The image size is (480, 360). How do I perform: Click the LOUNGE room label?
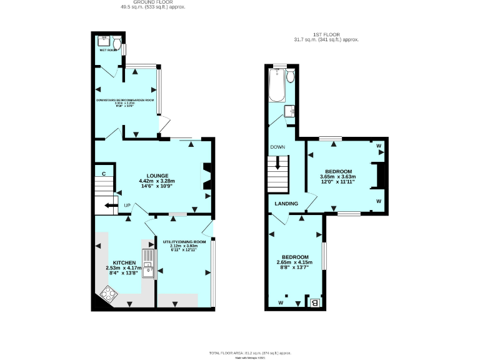[x=156, y=175]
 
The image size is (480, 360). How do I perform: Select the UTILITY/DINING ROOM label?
[x=184, y=241]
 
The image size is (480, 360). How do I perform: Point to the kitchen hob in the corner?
[x=109, y=293]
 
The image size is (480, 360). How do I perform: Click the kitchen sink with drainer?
[x=148, y=263]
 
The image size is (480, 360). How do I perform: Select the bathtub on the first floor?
[x=276, y=86]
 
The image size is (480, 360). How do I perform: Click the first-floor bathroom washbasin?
[x=290, y=111]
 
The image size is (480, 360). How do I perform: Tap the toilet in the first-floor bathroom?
[x=289, y=77]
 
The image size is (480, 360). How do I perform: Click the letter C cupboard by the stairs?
[x=104, y=173]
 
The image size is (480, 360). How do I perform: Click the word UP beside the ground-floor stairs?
[x=127, y=206]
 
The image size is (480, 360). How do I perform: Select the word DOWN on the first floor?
[x=277, y=147]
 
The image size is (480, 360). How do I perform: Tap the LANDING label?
[x=286, y=204]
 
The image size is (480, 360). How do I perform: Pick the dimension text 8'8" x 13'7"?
[x=294, y=267]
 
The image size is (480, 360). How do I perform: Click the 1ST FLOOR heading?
[x=325, y=35]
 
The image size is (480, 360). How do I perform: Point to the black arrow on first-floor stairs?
[x=278, y=165]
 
